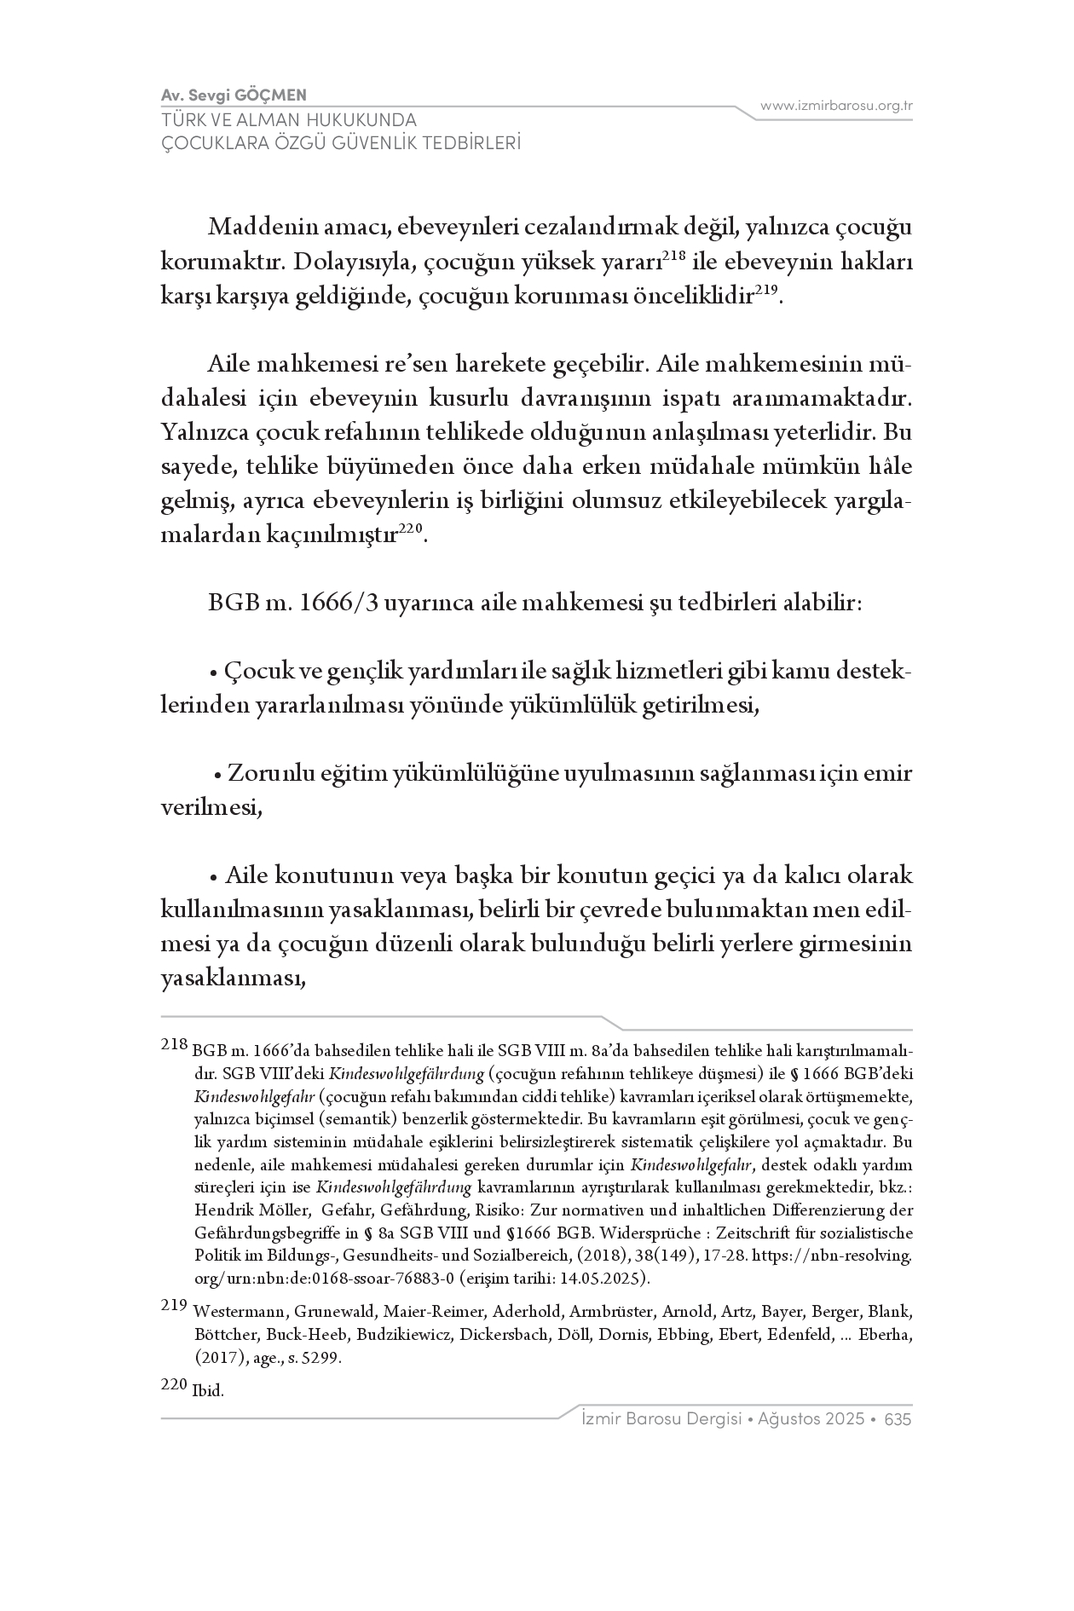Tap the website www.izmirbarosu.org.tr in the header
pos(836,106)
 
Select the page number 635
pos(898,1419)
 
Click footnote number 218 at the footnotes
pos(174,1045)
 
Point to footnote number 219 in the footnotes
pos(174,1306)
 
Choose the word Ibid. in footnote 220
pos(208,1391)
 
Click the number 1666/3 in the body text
pos(333,603)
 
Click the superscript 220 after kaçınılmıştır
pos(411,529)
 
